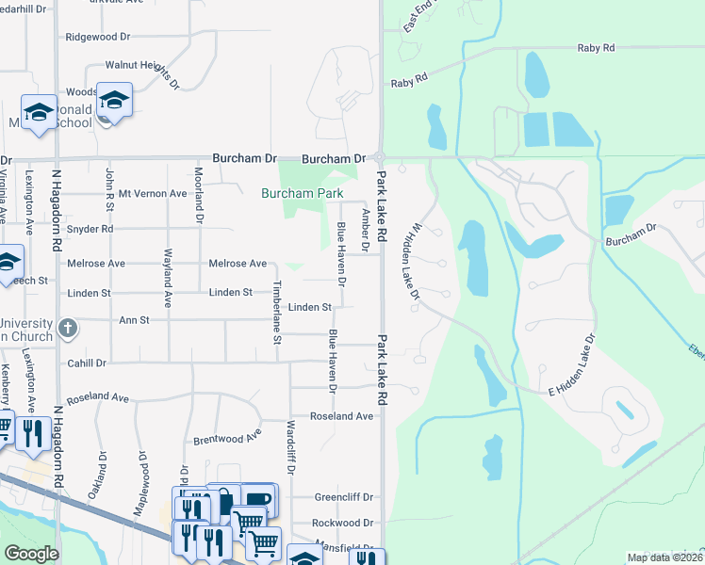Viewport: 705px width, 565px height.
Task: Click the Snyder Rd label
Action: pos(90,229)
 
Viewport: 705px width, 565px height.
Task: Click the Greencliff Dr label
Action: pos(344,497)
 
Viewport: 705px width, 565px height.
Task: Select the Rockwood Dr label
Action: pos(344,524)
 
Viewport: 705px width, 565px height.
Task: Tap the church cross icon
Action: pos(66,329)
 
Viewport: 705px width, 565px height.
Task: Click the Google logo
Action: pos(31,554)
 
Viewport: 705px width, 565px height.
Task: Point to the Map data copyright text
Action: pos(664,557)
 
